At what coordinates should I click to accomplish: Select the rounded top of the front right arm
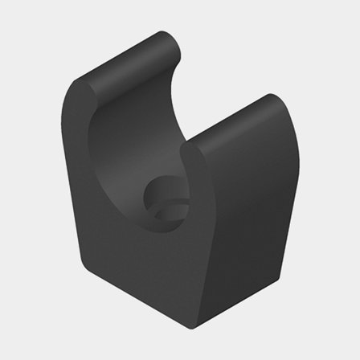(x=233, y=121)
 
